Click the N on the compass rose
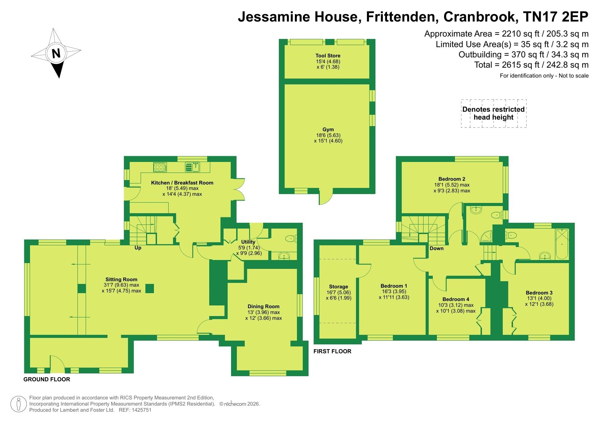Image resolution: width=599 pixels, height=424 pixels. click(56, 53)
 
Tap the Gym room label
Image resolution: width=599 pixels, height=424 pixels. click(328, 129)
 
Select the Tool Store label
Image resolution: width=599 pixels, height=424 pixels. click(328, 56)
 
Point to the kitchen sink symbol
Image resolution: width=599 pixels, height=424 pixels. click(194, 167)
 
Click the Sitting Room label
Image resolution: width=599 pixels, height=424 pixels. click(121, 279)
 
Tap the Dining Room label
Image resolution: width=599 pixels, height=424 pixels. click(263, 306)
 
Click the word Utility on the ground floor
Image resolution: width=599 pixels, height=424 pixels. click(248, 242)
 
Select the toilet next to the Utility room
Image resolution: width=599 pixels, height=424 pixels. click(291, 238)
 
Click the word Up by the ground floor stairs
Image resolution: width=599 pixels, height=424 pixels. click(138, 248)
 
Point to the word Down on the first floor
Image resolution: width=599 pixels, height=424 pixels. click(437, 248)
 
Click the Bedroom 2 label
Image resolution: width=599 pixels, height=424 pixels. click(452, 179)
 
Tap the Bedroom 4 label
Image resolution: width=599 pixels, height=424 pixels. click(456, 299)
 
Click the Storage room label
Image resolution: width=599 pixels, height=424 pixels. click(339, 287)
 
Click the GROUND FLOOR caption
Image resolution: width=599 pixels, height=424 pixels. click(47, 379)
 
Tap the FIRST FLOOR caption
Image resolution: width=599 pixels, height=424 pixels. click(332, 351)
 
